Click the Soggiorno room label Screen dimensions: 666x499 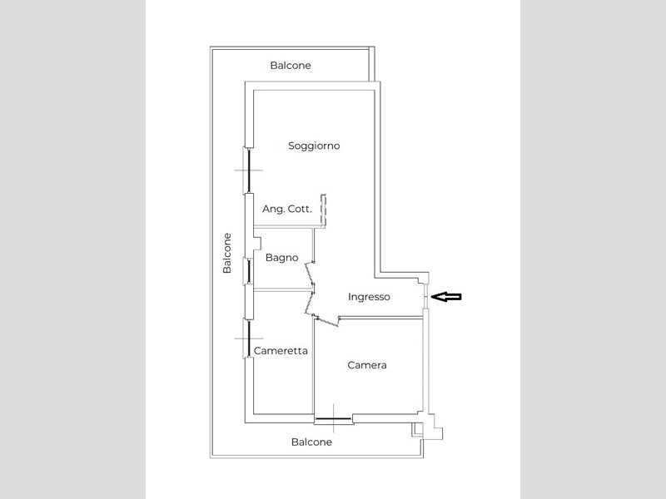click(314, 146)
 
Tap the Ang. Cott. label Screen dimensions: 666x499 click(287, 209)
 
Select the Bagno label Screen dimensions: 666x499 click(281, 258)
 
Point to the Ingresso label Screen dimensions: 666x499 click(369, 297)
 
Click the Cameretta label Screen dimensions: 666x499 click(281, 351)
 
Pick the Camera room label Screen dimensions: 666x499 click(367, 365)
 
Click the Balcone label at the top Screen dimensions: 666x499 click(291, 66)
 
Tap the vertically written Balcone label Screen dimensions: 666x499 click(227, 254)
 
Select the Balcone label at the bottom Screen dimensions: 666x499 click(311, 442)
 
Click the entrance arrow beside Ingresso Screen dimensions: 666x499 click(446, 297)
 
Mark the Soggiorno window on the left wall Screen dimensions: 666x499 click(247, 170)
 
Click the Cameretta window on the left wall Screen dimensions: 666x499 click(247, 338)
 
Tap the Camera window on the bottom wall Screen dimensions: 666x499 click(334, 419)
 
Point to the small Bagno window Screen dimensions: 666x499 click(247, 271)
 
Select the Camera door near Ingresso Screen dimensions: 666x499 click(326, 320)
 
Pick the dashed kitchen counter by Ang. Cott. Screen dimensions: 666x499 click(323, 210)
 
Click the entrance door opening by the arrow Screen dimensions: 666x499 click(425, 296)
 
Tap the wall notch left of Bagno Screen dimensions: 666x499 click(257, 243)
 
